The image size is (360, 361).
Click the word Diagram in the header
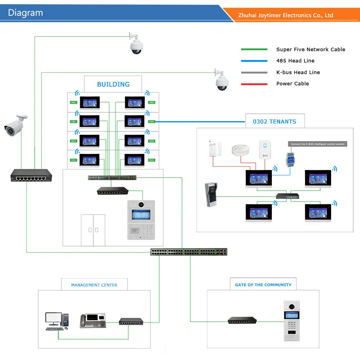[25, 13]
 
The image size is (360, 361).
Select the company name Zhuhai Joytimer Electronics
[286, 15]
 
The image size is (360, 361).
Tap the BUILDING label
[113, 84]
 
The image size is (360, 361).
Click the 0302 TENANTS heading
[274, 122]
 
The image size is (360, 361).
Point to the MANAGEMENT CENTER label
[94, 285]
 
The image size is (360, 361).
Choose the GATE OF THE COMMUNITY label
[263, 285]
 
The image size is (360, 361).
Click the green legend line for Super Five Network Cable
[254, 50]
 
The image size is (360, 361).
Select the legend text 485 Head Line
[295, 61]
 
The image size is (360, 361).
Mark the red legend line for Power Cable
[254, 84]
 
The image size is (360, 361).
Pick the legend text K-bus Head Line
[298, 72]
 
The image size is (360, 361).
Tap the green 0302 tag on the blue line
[151, 122]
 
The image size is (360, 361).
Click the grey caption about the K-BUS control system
[318, 144]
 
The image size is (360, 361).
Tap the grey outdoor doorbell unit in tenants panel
[211, 195]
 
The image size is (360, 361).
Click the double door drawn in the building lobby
[93, 230]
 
